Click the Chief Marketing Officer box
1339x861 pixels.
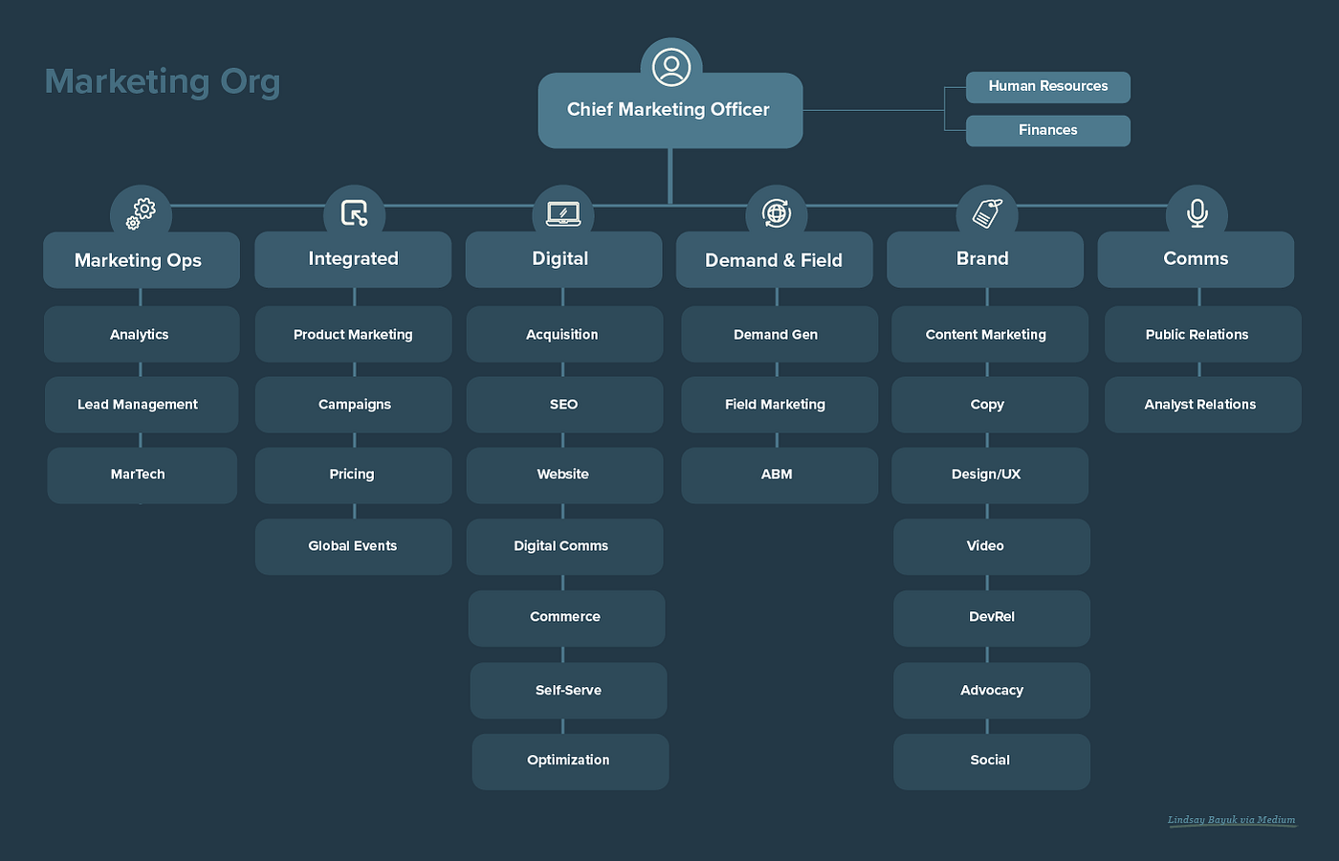(669, 111)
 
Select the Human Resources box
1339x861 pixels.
(1047, 87)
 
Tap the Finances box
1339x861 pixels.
(1047, 131)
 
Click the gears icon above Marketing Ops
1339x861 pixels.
(141, 213)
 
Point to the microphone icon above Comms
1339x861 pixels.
(1196, 212)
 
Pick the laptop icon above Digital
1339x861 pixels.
(563, 213)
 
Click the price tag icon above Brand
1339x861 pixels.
(987, 212)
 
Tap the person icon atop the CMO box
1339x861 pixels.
(671, 67)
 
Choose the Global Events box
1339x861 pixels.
(353, 546)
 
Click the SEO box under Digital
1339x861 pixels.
(564, 405)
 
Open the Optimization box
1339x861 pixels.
(569, 761)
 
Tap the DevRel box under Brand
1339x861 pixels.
(991, 617)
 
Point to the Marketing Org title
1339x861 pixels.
(163, 81)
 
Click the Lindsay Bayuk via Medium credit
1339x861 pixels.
(1231, 820)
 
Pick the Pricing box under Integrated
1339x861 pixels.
(353, 475)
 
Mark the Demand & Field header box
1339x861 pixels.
(774, 260)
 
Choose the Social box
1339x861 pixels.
(991, 761)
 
